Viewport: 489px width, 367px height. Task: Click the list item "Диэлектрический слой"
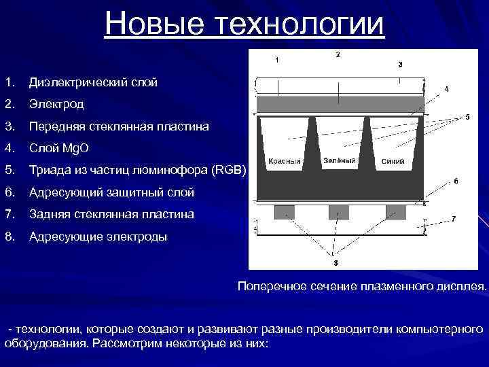pos(92,83)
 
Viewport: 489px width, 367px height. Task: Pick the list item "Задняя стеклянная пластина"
pos(111,214)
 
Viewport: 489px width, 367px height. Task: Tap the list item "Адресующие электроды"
pos(97,237)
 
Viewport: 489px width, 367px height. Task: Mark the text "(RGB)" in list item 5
pos(229,171)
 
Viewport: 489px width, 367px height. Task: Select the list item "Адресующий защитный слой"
pos(111,192)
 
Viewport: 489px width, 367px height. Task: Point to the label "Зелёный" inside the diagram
pos(339,160)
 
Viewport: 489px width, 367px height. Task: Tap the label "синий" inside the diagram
pos(393,162)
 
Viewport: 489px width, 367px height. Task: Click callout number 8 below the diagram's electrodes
pos(336,262)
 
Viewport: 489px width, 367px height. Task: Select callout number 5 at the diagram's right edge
pos(467,117)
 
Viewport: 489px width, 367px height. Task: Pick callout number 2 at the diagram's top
pos(338,54)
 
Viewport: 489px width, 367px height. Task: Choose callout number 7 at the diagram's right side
pos(454,218)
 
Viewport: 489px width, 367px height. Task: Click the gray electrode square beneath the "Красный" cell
pos(284,212)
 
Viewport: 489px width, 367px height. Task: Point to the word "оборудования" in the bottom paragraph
pos(44,343)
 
